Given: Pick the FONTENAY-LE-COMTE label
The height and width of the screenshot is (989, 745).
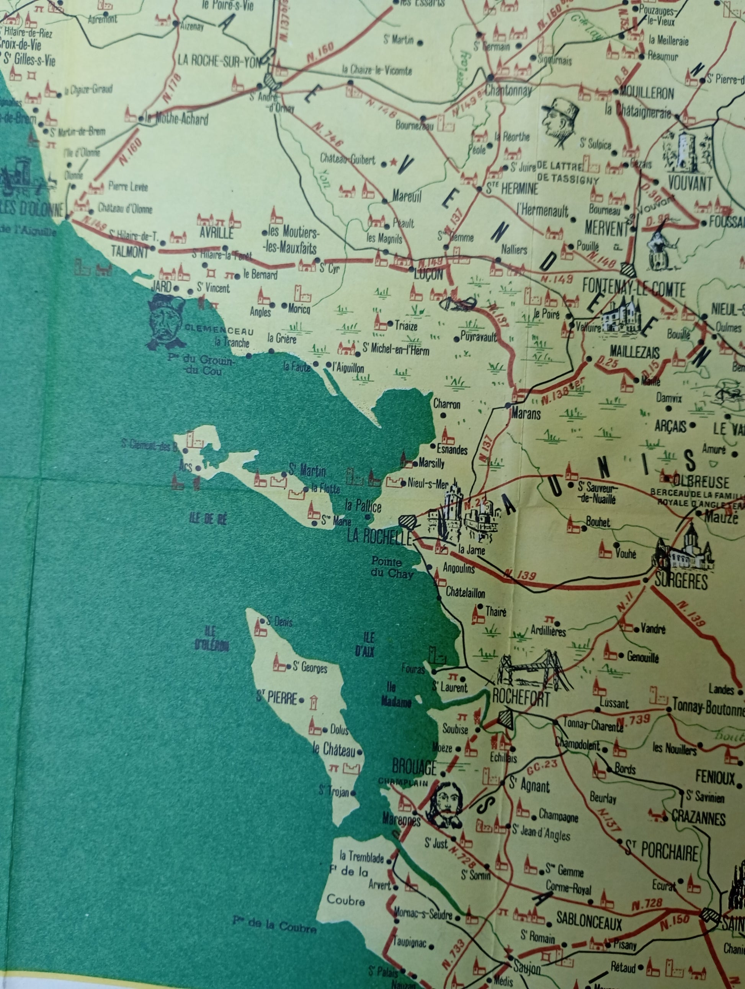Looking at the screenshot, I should (x=634, y=290).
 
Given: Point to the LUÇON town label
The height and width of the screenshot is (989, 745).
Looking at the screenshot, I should (x=429, y=274).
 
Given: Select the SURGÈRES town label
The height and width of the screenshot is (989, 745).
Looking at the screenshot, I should (x=681, y=582).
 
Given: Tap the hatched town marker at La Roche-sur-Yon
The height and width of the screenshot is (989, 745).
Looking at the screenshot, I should (x=270, y=81).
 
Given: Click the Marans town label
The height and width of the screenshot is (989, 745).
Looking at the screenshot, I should (x=526, y=414).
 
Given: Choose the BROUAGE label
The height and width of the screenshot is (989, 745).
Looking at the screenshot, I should (x=414, y=768).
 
